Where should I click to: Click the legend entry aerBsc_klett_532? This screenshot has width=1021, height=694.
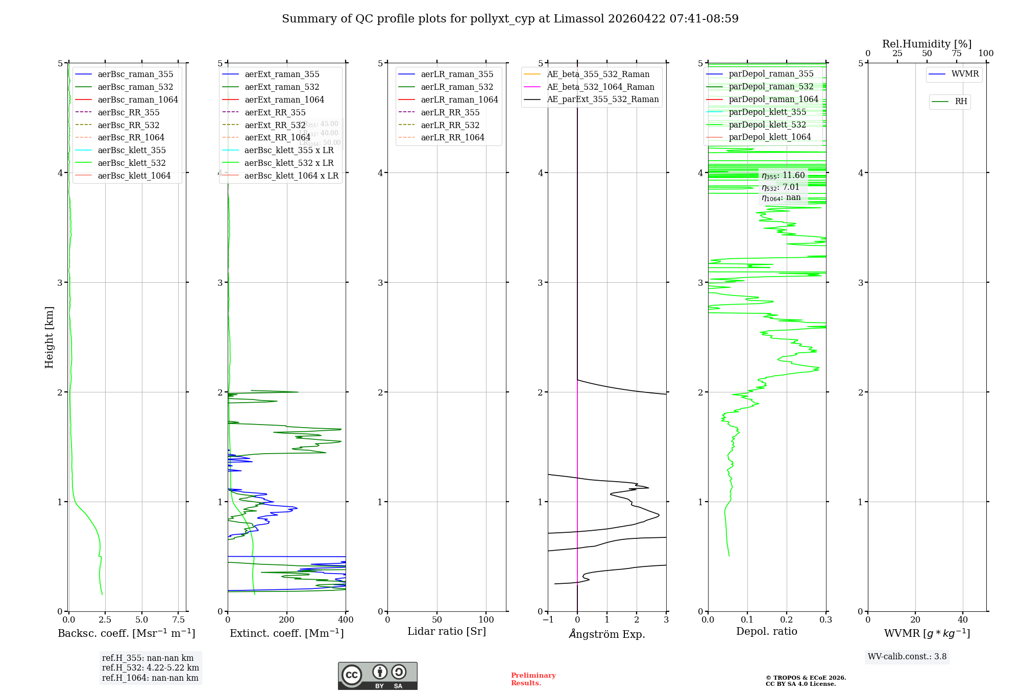132,163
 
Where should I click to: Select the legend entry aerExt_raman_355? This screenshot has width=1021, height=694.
282,74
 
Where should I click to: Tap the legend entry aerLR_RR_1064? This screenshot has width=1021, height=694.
452,137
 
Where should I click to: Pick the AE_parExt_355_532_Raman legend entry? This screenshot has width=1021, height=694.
602,99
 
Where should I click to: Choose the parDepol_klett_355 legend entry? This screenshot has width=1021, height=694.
767,112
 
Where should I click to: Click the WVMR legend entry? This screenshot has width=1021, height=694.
965,74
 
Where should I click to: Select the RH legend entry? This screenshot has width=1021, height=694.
961,102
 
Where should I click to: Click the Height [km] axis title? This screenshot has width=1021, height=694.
49,337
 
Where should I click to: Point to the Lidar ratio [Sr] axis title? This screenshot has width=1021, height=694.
447,631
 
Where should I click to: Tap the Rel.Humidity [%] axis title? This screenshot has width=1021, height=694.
927,44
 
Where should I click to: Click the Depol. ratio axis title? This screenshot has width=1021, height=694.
766,631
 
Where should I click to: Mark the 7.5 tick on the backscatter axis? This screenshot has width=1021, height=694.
179,620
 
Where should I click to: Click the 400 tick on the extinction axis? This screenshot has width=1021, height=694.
346,620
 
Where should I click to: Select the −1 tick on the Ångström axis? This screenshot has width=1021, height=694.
548,620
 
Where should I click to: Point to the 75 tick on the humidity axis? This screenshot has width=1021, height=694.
956,54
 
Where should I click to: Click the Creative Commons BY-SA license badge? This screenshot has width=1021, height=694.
377,676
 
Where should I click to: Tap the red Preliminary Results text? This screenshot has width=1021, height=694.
533,679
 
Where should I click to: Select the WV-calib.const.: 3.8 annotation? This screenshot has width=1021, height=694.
907,657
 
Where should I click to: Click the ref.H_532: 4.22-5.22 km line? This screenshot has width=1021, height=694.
150,668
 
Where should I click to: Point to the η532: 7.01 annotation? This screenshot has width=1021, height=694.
780,187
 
